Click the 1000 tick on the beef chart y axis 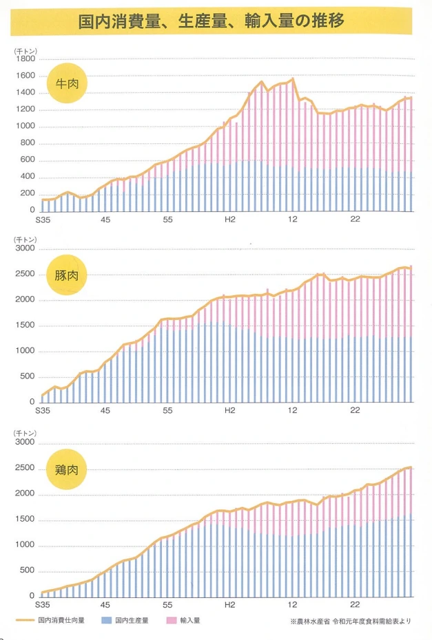coord(25,126)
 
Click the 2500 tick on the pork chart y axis coord(25,275)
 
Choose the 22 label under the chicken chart coord(356,606)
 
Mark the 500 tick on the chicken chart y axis coord(26,570)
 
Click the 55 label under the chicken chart coord(167,606)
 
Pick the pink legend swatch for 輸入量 coord(172,621)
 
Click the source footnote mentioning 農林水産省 coord(351,621)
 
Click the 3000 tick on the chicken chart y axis coord(25,443)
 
